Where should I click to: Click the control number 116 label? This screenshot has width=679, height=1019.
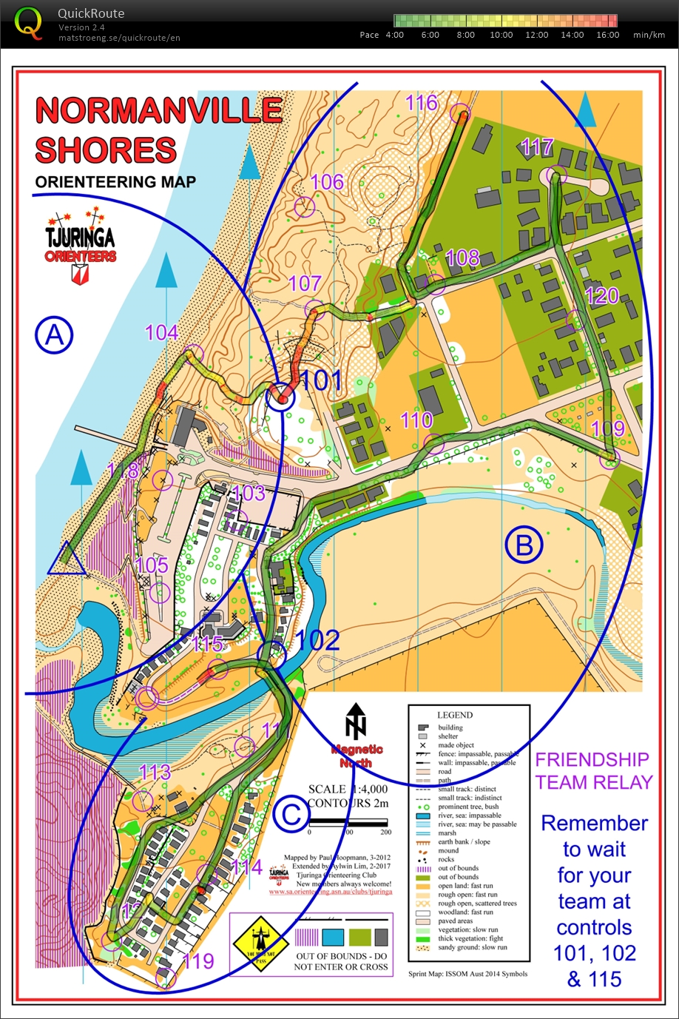click(x=422, y=103)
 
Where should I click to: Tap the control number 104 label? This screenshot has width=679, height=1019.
click(x=161, y=333)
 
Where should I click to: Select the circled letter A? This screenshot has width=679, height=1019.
click(x=54, y=336)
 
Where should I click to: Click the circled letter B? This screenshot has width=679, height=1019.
click(x=524, y=545)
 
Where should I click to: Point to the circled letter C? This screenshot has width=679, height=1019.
click(x=291, y=815)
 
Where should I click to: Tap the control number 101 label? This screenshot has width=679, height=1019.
click(x=322, y=381)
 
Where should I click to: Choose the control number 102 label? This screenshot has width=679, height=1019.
click(x=318, y=641)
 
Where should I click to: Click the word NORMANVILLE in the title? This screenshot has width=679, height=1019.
click(x=159, y=111)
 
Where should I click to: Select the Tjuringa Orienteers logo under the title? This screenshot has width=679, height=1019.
click(x=80, y=244)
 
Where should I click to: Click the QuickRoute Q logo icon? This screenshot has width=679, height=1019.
click(x=29, y=23)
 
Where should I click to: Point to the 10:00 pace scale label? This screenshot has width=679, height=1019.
click(x=501, y=35)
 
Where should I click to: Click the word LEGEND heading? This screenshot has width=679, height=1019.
click(x=454, y=715)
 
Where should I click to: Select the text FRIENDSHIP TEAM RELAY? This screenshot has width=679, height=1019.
click(x=593, y=771)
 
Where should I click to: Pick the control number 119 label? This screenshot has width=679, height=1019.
click(x=198, y=961)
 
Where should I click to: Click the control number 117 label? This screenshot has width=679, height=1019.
click(x=537, y=147)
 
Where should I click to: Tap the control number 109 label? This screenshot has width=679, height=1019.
click(x=607, y=428)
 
